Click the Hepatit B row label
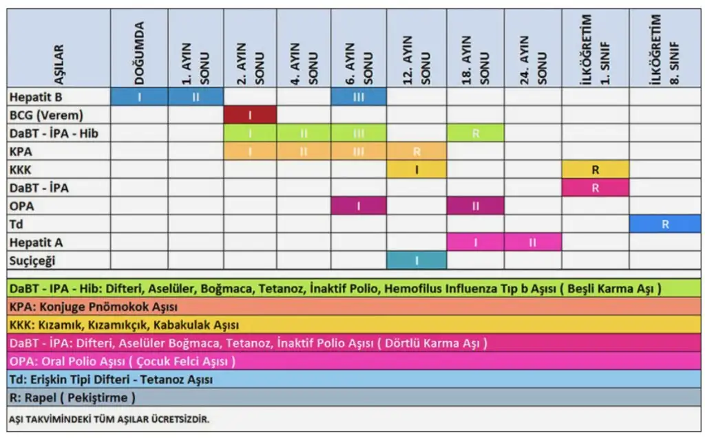35,97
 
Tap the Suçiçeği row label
34,261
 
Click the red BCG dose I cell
249,115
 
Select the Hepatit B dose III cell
358,97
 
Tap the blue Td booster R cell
664,224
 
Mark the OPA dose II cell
475,206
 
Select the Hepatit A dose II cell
532,242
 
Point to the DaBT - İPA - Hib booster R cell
475,133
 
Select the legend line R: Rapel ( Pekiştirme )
73,397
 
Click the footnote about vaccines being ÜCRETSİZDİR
109,418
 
